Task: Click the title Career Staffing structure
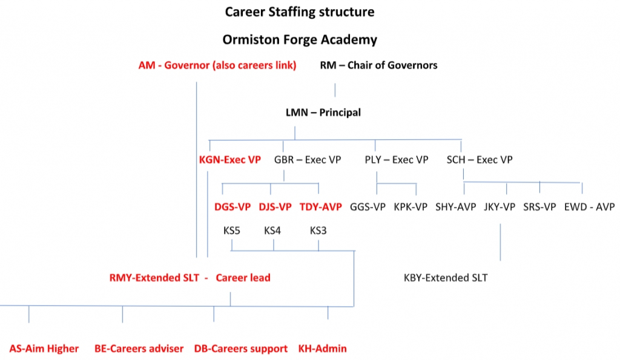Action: click(x=300, y=12)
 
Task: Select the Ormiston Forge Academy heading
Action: click(x=300, y=40)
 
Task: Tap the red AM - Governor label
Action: click(x=217, y=65)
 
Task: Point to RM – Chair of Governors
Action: click(x=378, y=65)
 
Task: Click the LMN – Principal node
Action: click(x=323, y=113)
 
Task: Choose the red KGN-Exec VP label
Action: click(x=229, y=160)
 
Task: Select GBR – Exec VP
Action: click(x=307, y=160)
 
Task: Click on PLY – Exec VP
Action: click(x=396, y=160)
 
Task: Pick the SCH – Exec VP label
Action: click(x=480, y=160)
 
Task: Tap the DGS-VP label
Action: click(x=232, y=207)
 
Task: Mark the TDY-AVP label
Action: click(x=321, y=207)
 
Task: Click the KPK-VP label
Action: click(x=411, y=207)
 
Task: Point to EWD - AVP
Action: click(x=589, y=207)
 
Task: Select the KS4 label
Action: click(x=272, y=231)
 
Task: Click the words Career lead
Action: click(x=243, y=278)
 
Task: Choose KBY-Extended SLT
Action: click(x=446, y=278)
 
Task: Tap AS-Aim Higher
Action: click(x=44, y=349)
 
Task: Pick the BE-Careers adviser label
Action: click(x=139, y=349)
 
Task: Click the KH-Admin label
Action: click(x=322, y=349)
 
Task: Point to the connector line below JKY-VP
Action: click(x=500, y=242)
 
